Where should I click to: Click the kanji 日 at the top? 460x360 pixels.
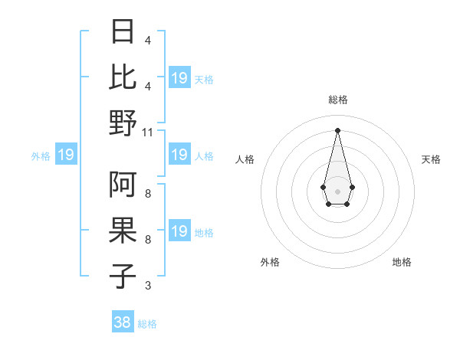click(123, 32)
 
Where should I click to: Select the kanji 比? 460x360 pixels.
click(123, 77)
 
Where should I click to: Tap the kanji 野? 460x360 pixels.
click(123, 122)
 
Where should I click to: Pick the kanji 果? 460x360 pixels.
click(123, 231)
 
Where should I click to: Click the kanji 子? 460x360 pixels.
click(123, 277)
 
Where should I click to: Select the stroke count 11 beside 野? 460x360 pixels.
click(149, 132)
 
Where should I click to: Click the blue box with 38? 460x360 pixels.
click(123, 322)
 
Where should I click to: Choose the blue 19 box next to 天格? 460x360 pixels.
click(179, 78)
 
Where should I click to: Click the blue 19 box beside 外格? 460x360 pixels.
click(66, 155)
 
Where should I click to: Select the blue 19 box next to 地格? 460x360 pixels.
click(179, 232)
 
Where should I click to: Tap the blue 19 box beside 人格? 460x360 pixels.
click(179, 155)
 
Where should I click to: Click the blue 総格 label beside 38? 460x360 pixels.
click(147, 324)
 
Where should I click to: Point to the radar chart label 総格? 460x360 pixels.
click(337, 100)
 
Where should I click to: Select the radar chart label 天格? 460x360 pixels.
click(432, 159)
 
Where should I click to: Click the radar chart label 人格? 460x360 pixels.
click(245, 159)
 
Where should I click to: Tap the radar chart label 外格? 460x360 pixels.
click(270, 262)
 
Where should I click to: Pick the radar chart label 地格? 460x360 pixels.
click(402, 262)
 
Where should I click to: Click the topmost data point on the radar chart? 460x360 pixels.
click(337, 129)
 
